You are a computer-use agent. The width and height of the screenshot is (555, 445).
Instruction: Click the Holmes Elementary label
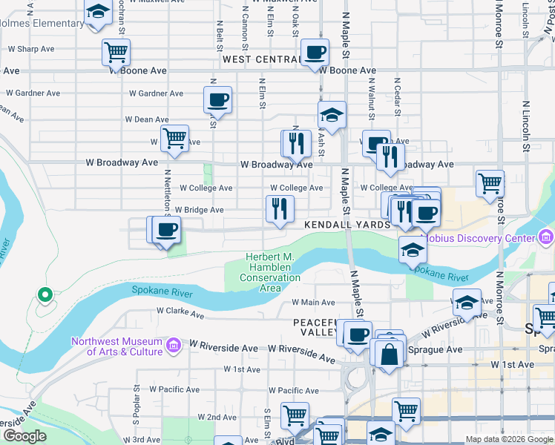(42, 23)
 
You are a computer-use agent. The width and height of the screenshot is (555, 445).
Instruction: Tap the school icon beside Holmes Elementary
(96, 13)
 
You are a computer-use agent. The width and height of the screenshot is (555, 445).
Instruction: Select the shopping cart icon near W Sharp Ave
(116, 53)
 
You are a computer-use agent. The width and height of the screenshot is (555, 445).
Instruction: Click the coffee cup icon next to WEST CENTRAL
(315, 53)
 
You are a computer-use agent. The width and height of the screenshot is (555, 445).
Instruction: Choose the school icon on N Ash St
(332, 115)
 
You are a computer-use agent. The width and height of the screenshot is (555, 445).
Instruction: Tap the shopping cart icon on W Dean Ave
(174, 139)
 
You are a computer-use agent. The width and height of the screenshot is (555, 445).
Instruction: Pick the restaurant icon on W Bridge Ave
(280, 208)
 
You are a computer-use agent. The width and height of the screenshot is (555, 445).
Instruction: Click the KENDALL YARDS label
(347, 224)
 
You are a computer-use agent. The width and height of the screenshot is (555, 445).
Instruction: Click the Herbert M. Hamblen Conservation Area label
(270, 272)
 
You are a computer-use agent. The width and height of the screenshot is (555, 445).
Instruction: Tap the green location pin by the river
(45, 295)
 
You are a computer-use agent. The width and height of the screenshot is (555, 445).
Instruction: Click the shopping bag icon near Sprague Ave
(390, 355)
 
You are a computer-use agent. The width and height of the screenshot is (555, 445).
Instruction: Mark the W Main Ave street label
(313, 302)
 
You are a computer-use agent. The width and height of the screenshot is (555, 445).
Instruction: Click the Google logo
(24, 436)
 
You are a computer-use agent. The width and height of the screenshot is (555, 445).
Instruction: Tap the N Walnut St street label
(371, 97)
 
